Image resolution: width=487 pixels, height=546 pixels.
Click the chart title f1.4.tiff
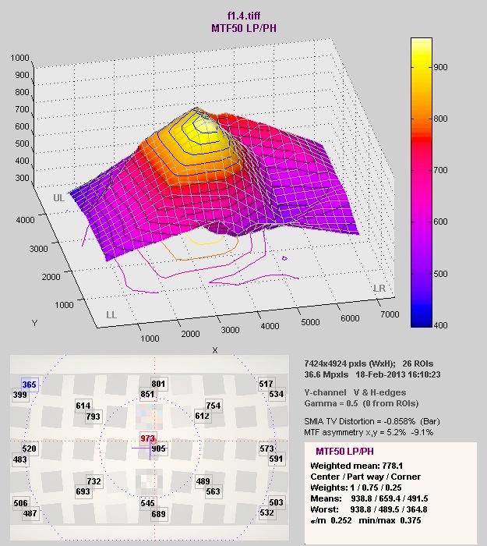coord(242,15)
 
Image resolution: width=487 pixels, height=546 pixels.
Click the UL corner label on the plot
coord(59,198)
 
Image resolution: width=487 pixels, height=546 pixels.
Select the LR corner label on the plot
coord(379,289)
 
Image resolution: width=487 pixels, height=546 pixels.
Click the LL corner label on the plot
coord(112,314)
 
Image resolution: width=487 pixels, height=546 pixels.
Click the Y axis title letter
coord(34,321)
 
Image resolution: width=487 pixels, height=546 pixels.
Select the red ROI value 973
coord(148,438)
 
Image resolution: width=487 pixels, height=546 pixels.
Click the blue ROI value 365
coord(30,385)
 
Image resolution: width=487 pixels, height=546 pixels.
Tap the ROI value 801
coord(159,384)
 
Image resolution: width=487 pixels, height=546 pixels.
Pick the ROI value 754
coord(214,406)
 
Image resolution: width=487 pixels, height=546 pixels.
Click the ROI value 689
coord(159,514)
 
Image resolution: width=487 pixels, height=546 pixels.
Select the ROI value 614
coord(83,406)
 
